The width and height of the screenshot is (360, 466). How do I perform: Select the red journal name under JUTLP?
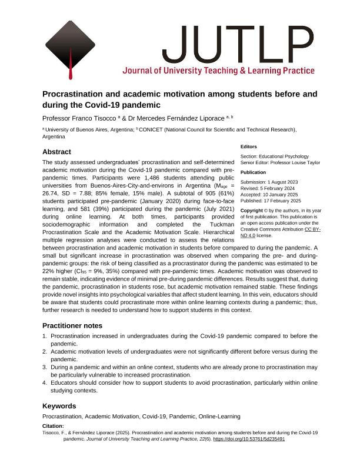tap(218, 71)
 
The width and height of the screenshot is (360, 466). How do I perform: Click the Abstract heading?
tap(57, 152)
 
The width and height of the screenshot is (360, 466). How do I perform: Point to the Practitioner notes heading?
tap(72, 325)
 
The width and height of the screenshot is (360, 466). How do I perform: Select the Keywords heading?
tap(59, 406)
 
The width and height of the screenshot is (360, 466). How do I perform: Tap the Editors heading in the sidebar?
tap(249, 147)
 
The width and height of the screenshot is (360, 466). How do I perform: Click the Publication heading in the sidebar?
tap(254, 173)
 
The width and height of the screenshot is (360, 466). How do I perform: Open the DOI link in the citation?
tap(249, 439)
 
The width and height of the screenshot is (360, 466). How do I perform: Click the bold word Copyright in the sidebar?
tap(252, 210)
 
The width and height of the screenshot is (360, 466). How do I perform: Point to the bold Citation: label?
tap(54, 426)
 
